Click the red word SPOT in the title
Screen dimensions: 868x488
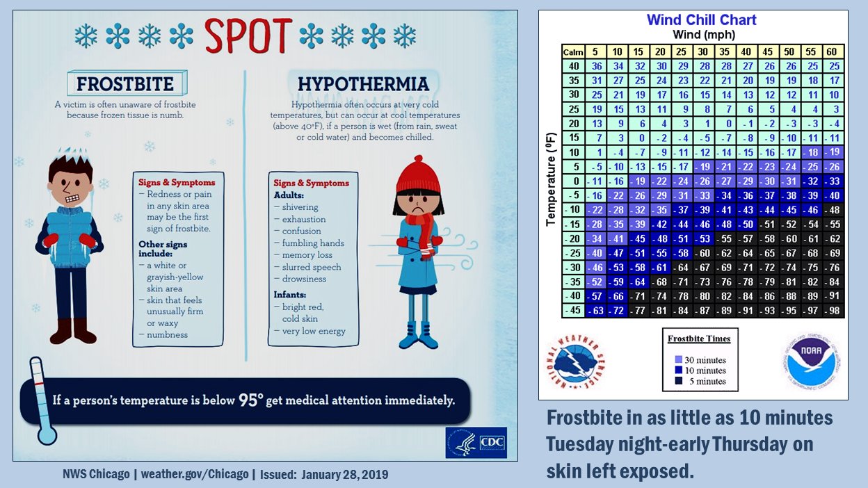[248, 35]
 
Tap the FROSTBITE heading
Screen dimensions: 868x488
[125, 84]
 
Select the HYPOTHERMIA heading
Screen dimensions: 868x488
[363, 84]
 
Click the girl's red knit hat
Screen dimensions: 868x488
[418, 174]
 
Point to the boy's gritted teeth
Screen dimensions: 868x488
[72, 198]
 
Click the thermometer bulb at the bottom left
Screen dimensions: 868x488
[47, 434]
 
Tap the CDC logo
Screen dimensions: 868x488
[476, 443]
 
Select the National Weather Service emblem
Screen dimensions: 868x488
[575, 362]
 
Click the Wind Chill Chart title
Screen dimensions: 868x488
[701, 19]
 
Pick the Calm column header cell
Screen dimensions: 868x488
[573, 52]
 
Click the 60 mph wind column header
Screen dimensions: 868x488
[832, 52]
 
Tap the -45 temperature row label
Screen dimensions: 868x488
[573, 310]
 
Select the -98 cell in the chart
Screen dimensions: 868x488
[833, 311]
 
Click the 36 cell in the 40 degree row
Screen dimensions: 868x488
[596, 66]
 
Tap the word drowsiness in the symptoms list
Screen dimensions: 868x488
[304, 279]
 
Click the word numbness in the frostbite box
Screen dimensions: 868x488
[167, 334]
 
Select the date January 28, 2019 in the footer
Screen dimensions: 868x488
[344, 474]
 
